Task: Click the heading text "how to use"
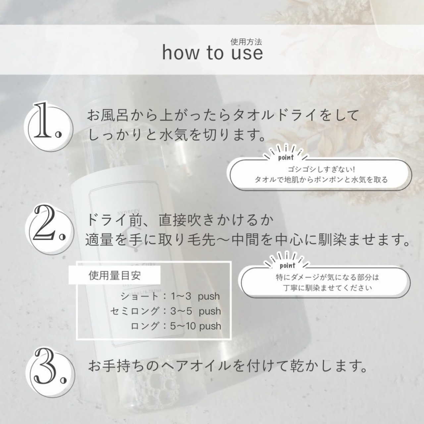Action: pos(212,53)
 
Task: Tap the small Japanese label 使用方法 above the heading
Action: pos(246,42)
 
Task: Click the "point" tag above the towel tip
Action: pos(286,157)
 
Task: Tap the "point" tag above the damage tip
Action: pos(288,266)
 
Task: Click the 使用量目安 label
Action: pos(115,276)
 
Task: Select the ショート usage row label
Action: pos(139,296)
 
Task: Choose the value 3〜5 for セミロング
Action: pos(182,311)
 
